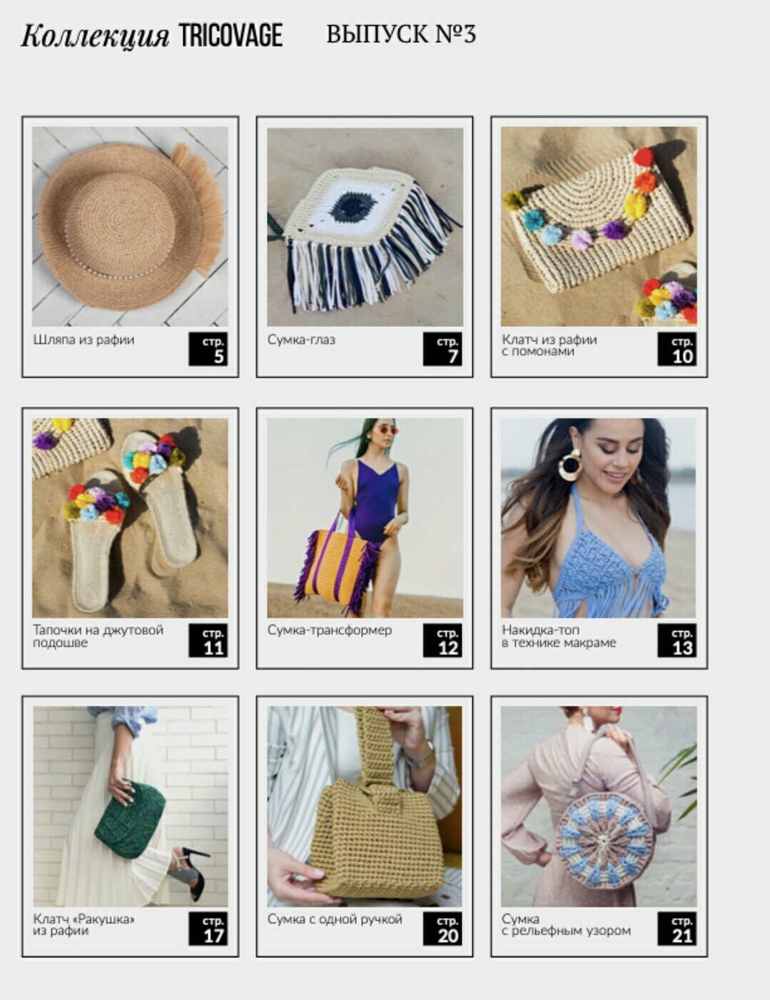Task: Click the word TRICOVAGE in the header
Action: pyautogui.click(x=231, y=36)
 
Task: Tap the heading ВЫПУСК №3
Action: pyautogui.click(x=400, y=34)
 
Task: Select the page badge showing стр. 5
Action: pyautogui.click(x=208, y=349)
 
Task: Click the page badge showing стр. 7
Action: pyautogui.click(x=442, y=349)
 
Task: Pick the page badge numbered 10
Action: pyautogui.click(x=677, y=349)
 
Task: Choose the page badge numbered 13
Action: pyautogui.click(x=677, y=640)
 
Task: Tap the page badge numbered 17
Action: pyautogui.click(x=208, y=929)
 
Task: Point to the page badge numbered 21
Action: pyautogui.click(x=677, y=929)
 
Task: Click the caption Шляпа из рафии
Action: pyautogui.click(x=83, y=340)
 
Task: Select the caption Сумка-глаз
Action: pyautogui.click(x=301, y=340)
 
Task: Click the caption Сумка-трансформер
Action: pyautogui.click(x=330, y=630)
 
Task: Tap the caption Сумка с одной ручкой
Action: pyautogui.click(x=335, y=919)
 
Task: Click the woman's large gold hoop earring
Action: pyautogui.click(x=570, y=465)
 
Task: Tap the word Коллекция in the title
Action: pyautogui.click(x=95, y=36)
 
